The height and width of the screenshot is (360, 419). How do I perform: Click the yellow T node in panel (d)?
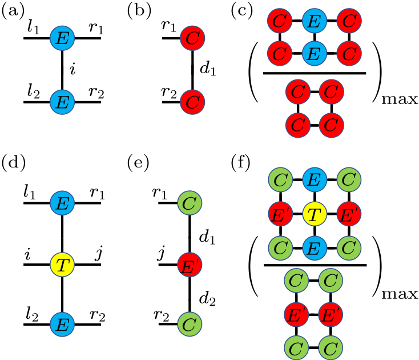(x=62, y=265)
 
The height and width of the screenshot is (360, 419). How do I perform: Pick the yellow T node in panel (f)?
(x=313, y=215)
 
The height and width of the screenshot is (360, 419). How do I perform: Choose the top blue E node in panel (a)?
(x=62, y=39)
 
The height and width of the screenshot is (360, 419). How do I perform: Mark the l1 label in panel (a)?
(x=33, y=26)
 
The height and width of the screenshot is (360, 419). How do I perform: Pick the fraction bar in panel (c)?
(x=313, y=73)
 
